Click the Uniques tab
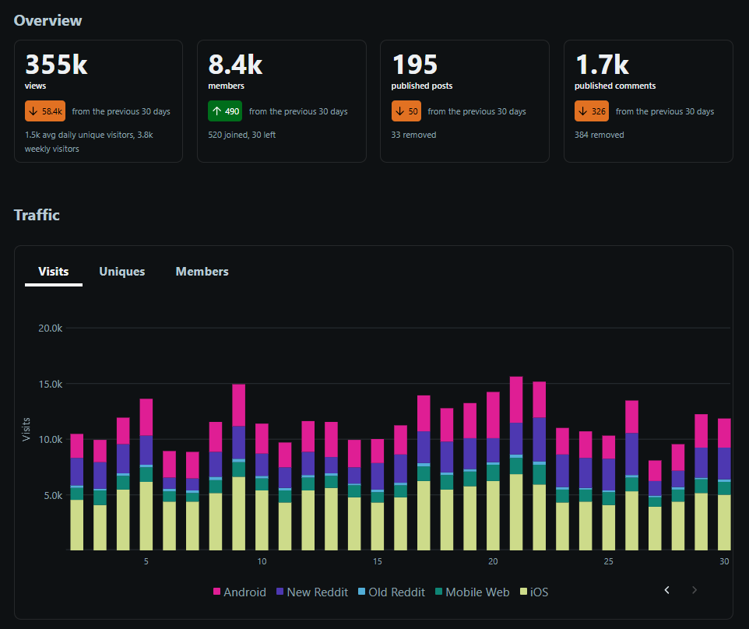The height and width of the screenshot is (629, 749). pyautogui.click(x=121, y=271)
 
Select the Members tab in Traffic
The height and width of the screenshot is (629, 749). pyautogui.click(x=202, y=271)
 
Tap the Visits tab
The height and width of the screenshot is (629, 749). pyautogui.click(x=54, y=271)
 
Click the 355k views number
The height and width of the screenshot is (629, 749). pyautogui.click(x=56, y=65)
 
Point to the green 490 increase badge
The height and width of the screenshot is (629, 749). pyautogui.click(x=225, y=111)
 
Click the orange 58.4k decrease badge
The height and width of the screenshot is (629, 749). pyautogui.click(x=45, y=111)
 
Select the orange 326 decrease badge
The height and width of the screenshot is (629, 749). pyautogui.click(x=592, y=111)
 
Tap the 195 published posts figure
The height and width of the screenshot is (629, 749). pyautogui.click(x=415, y=65)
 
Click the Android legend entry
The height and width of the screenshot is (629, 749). pyautogui.click(x=239, y=592)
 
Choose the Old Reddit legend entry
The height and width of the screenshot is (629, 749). pyautogui.click(x=391, y=592)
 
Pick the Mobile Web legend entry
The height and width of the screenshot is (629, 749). pyautogui.click(x=472, y=592)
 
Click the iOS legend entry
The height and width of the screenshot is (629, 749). pyautogui.click(x=534, y=592)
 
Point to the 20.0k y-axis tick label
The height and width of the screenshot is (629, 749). pyautogui.click(x=50, y=328)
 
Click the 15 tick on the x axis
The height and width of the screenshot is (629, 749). pyautogui.click(x=378, y=561)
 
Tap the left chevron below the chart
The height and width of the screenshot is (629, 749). pyautogui.click(x=666, y=590)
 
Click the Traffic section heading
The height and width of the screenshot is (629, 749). pyautogui.click(x=37, y=215)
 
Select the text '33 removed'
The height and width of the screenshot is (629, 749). pyautogui.click(x=413, y=135)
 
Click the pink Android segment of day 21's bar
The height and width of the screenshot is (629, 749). pyautogui.click(x=516, y=400)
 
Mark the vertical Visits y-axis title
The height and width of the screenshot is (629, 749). pyautogui.click(x=26, y=430)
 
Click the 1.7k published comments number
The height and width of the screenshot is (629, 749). pyautogui.click(x=602, y=65)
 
